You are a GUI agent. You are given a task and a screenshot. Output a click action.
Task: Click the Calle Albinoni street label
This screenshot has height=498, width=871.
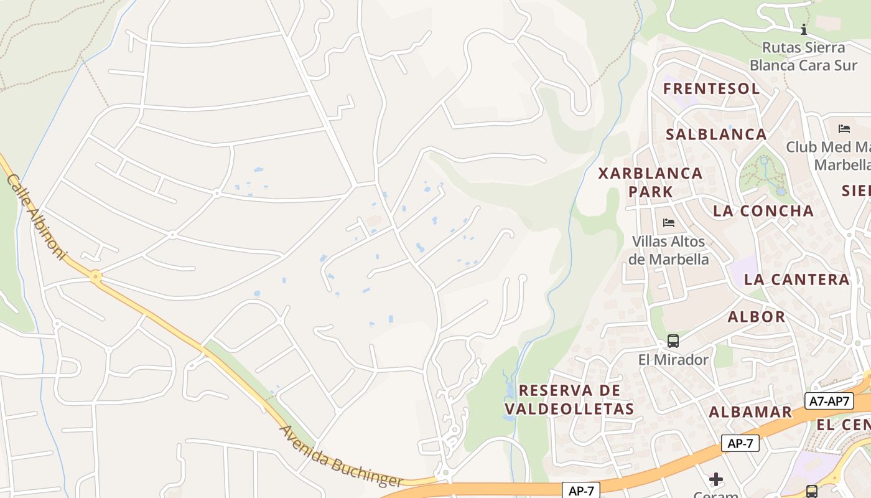click(x=35, y=217)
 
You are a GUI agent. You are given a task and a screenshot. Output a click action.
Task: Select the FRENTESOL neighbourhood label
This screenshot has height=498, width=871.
click(x=711, y=88)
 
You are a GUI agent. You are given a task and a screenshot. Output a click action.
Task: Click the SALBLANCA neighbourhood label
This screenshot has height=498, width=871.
click(x=716, y=134)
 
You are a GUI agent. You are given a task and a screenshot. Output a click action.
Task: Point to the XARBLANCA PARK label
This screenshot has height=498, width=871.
click(x=651, y=182)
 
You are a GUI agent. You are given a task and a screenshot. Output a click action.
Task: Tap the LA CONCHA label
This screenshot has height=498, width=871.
click(x=763, y=211)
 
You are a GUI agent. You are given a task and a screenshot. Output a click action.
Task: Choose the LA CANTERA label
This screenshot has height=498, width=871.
click(x=796, y=280)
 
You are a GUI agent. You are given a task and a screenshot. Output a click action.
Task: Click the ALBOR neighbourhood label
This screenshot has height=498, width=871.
click(x=757, y=317)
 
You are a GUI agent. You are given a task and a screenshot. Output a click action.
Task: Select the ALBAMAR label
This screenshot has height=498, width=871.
click(x=750, y=412)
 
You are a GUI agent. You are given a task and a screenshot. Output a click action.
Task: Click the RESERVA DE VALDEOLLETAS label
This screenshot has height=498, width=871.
click(x=569, y=400)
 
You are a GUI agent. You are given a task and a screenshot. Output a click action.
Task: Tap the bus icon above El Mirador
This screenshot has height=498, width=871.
click(x=673, y=341)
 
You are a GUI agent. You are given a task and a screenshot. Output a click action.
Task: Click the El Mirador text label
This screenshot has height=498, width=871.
click(x=673, y=360)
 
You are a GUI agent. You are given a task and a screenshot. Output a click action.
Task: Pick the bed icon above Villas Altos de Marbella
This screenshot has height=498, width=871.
click(x=669, y=222)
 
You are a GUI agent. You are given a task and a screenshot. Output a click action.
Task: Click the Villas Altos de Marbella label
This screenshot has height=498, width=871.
click(x=669, y=250)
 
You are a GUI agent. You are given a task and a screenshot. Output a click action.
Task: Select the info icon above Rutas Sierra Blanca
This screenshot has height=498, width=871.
click(x=804, y=29)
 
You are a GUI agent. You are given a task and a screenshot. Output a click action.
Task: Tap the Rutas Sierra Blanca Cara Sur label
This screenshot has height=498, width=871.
click(x=803, y=56)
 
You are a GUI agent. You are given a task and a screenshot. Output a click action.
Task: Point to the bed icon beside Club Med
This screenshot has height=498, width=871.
click(x=844, y=129)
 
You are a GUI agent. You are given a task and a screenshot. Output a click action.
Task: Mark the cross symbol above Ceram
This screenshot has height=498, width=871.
click(x=716, y=479)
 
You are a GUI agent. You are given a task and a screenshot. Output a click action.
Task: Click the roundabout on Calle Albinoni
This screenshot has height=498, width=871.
click(x=96, y=276)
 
